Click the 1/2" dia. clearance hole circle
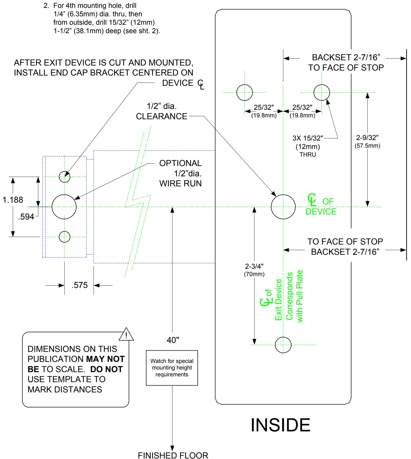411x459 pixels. pos(271,207)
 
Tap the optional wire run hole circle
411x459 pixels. pos(52,207)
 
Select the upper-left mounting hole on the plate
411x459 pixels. pos(237,93)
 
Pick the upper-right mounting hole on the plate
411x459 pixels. pos(314,93)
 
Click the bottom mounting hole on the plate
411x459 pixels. pos(275,345)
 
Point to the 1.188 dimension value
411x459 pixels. pos(13,200)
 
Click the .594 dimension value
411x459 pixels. pos(26,217)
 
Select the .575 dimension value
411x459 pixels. pos(80,285)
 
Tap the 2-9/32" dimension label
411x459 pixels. pos(367,138)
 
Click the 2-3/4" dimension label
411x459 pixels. pos(254,266)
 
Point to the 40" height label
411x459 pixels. pos(173,340)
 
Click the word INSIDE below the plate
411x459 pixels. pos(281,425)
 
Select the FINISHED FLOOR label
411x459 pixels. pos(173,455)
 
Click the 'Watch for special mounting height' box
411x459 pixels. pos(172,368)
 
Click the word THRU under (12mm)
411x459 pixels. pos(308,155)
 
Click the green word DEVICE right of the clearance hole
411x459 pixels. pos(321,212)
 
